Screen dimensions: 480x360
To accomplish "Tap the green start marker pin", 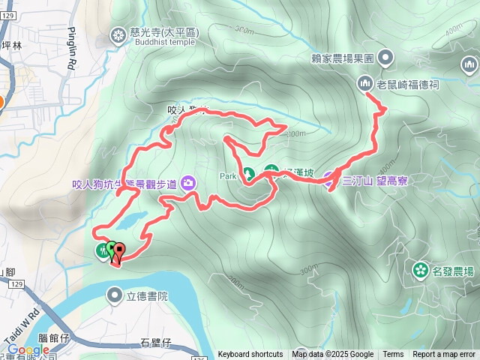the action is point(111,249).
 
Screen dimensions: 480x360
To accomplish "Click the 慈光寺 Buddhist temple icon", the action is point(119,34).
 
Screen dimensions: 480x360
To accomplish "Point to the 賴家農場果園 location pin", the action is point(385,57).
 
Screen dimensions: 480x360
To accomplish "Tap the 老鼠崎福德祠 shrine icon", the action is point(365,82).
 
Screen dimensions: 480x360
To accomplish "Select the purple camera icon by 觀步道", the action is point(187,182).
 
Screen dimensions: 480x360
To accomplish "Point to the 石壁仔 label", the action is point(156,343).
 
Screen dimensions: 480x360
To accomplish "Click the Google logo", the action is point(28,349).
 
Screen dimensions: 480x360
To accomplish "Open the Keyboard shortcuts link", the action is point(250,355).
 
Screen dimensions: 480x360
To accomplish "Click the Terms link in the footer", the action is point(393,355).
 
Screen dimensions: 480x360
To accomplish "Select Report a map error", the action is point(444,355).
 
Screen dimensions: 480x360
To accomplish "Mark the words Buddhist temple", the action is point(163,43).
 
